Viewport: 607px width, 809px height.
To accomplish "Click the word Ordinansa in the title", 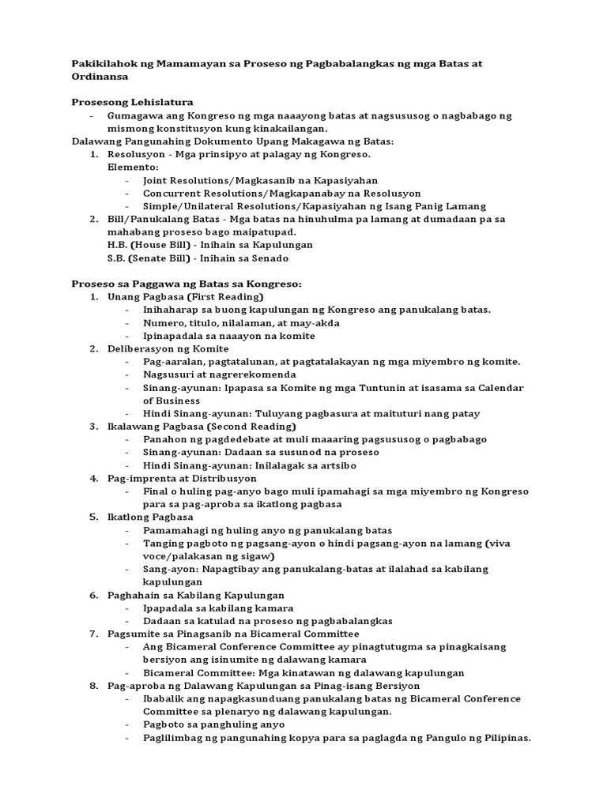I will click(x=99, y=77).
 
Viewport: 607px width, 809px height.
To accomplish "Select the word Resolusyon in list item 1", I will click(x=135, y=154).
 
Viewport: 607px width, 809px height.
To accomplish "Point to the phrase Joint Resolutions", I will click(x=186, y=180).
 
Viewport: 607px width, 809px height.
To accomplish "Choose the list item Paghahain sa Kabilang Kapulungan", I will click(x=196, y=594).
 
